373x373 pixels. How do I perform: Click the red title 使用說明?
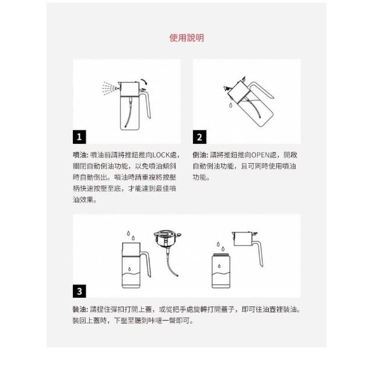tap(186, 38)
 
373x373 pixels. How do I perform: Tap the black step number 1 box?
tap(79, 137)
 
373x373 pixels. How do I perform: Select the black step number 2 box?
tap(199, 137)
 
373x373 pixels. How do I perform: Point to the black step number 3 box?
tap(79, 291)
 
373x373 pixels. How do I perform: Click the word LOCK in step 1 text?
tap(161, 155)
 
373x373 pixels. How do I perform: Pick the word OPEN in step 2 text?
tap(261, 155)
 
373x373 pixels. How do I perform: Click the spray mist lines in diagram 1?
tap(110, 88)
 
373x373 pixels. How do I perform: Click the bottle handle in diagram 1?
tap(147, 105)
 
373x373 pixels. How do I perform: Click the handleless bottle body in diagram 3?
tap(221, 272)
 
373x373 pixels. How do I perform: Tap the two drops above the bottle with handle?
tap(131, 235)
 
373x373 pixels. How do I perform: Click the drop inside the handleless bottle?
tap(219, 266)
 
